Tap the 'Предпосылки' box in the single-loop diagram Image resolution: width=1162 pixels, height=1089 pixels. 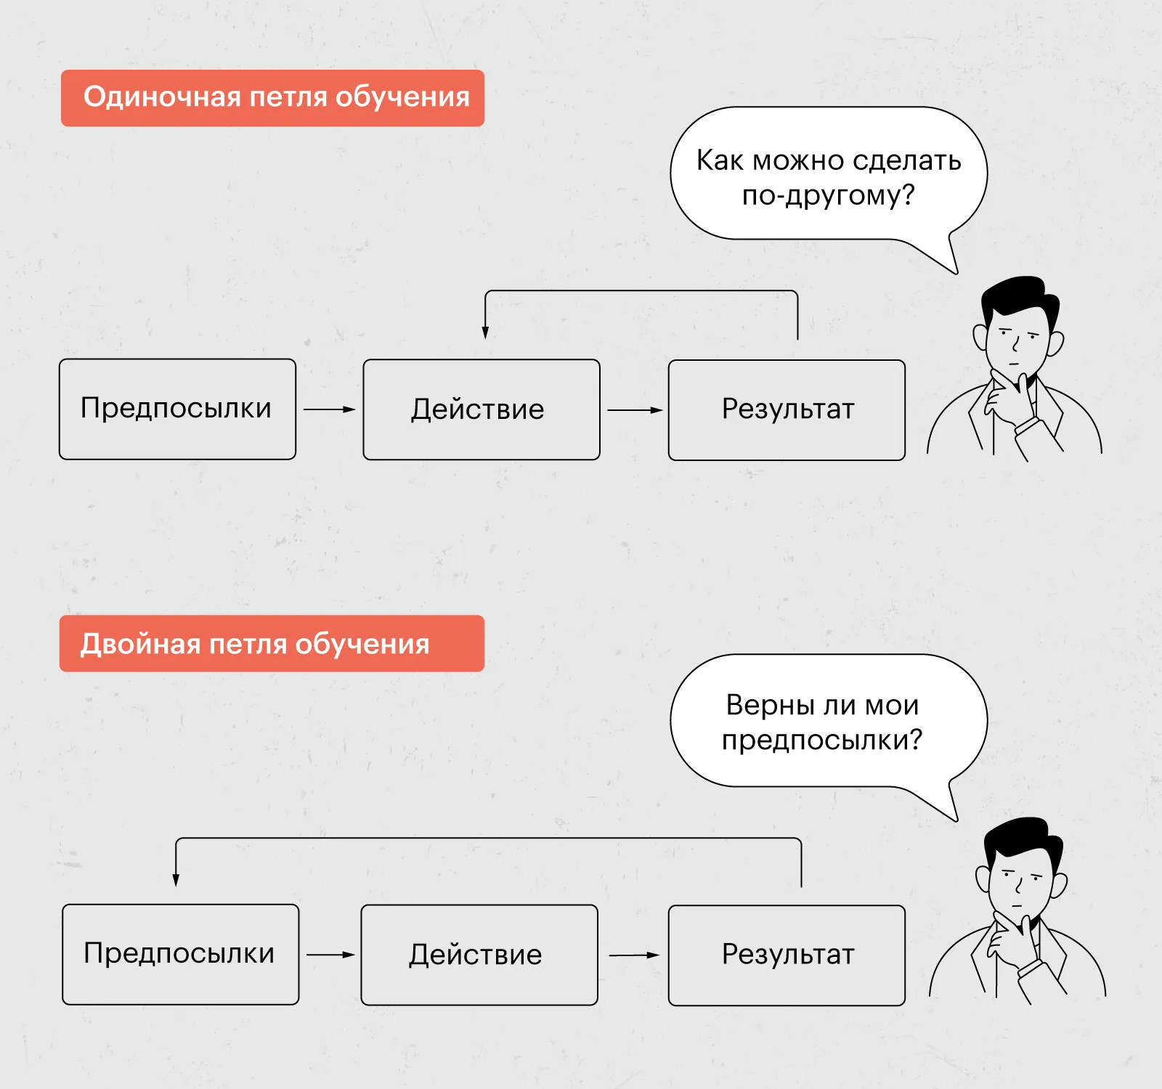click(x=177, y=409)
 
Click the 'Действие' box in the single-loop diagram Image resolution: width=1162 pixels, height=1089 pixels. click(x=481, y=409)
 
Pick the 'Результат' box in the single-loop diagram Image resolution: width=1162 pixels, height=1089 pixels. click(x=787, y=409)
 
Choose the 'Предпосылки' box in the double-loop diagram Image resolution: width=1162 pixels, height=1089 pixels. click(x=180, y=954)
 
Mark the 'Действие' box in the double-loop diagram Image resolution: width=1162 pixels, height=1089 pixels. click(x=479, y=955)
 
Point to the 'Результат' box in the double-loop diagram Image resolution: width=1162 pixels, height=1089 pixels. click(x=787, y=955)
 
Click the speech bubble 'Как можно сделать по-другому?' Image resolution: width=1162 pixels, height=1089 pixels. click(x=828, y=174)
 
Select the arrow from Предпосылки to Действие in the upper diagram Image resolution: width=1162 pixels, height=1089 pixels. click(x=329, y=409)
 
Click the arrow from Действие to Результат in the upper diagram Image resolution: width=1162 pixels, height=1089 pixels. click(x=635, y=410)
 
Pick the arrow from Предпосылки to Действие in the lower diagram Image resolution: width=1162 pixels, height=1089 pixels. click(x=330, y=955)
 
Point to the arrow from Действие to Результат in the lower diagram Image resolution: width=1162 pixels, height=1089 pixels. click(x=633, y=955)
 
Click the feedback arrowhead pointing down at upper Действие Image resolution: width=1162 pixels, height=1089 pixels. click(x=485, y=333)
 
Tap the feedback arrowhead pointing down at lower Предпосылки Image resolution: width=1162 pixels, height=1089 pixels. click(x=176, y=880)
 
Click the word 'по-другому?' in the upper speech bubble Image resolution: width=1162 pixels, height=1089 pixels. click(x=828, y=195)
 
